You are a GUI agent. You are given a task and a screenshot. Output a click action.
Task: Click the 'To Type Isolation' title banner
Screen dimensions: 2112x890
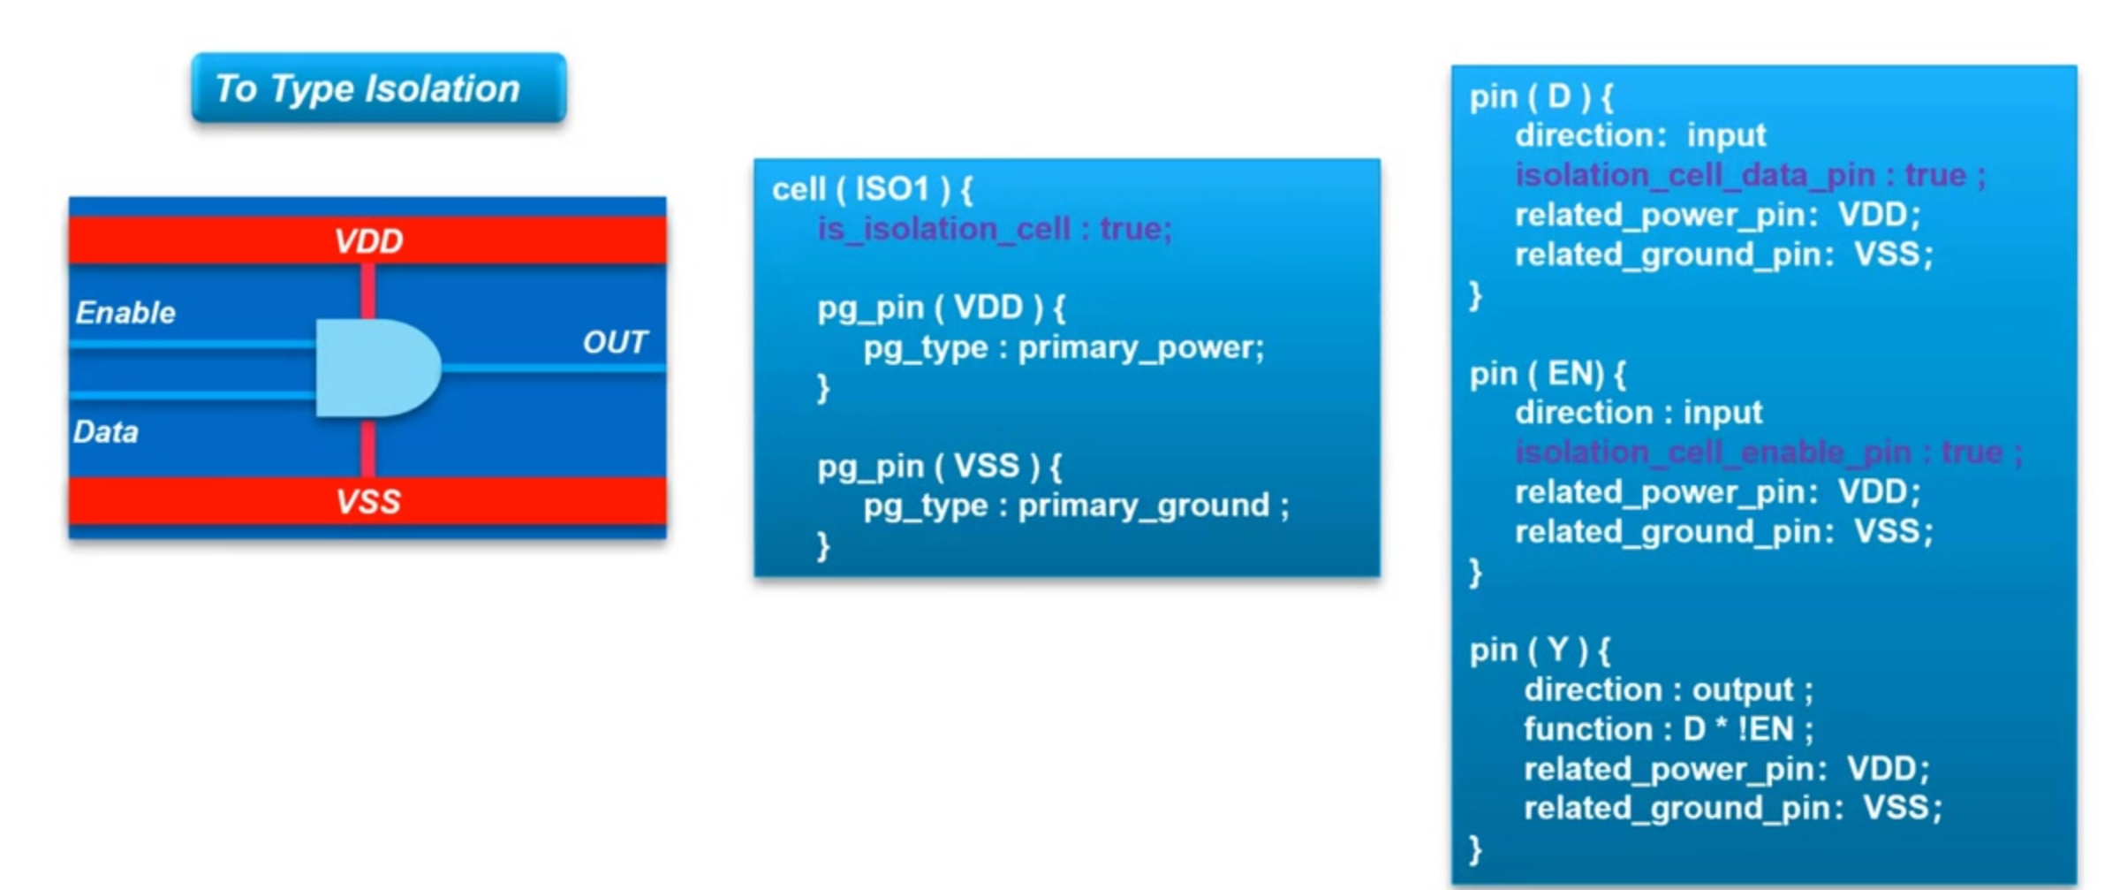tap(379, 87)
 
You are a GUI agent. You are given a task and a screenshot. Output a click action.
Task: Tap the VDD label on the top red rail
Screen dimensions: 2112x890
tap(368, 241)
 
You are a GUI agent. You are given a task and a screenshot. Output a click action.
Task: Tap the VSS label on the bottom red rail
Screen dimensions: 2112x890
tap(368, 502)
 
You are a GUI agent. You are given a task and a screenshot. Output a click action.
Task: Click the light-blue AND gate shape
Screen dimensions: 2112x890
tap(378, 368)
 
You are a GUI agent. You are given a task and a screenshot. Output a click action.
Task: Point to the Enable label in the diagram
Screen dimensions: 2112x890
tap(125, 313)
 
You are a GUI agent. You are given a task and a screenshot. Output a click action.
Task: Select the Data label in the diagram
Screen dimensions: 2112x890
tap(106, 432)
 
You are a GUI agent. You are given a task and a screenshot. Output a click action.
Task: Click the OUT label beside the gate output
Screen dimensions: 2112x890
tap(615, 342)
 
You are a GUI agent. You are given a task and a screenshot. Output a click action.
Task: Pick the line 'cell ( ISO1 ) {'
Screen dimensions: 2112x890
tap(872, 189)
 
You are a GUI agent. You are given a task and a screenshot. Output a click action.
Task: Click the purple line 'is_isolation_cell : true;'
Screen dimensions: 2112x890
tap(995, 229)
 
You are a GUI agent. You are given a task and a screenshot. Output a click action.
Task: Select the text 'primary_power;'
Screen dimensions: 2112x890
tap(1141, 348)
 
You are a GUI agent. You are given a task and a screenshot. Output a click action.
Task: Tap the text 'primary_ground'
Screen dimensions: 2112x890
tap(1144, 506)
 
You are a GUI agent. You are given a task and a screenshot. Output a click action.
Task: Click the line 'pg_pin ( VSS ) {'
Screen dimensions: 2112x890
tap(940, 466)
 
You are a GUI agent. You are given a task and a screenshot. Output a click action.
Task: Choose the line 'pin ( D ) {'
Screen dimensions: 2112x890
tap(1541, 96)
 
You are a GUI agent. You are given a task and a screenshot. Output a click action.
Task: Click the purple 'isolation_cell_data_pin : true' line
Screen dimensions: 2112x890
tap(1750, 175)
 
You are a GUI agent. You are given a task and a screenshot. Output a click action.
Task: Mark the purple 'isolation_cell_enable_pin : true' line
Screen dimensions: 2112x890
tap(1768, 453)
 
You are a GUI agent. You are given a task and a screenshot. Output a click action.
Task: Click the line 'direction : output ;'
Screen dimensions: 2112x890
tap(1669, 690)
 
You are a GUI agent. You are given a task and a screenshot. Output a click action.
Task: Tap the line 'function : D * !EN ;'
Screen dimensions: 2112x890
tap(1669, 729)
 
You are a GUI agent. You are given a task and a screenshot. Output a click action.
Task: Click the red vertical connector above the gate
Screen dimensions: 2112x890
tap(368, 291)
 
